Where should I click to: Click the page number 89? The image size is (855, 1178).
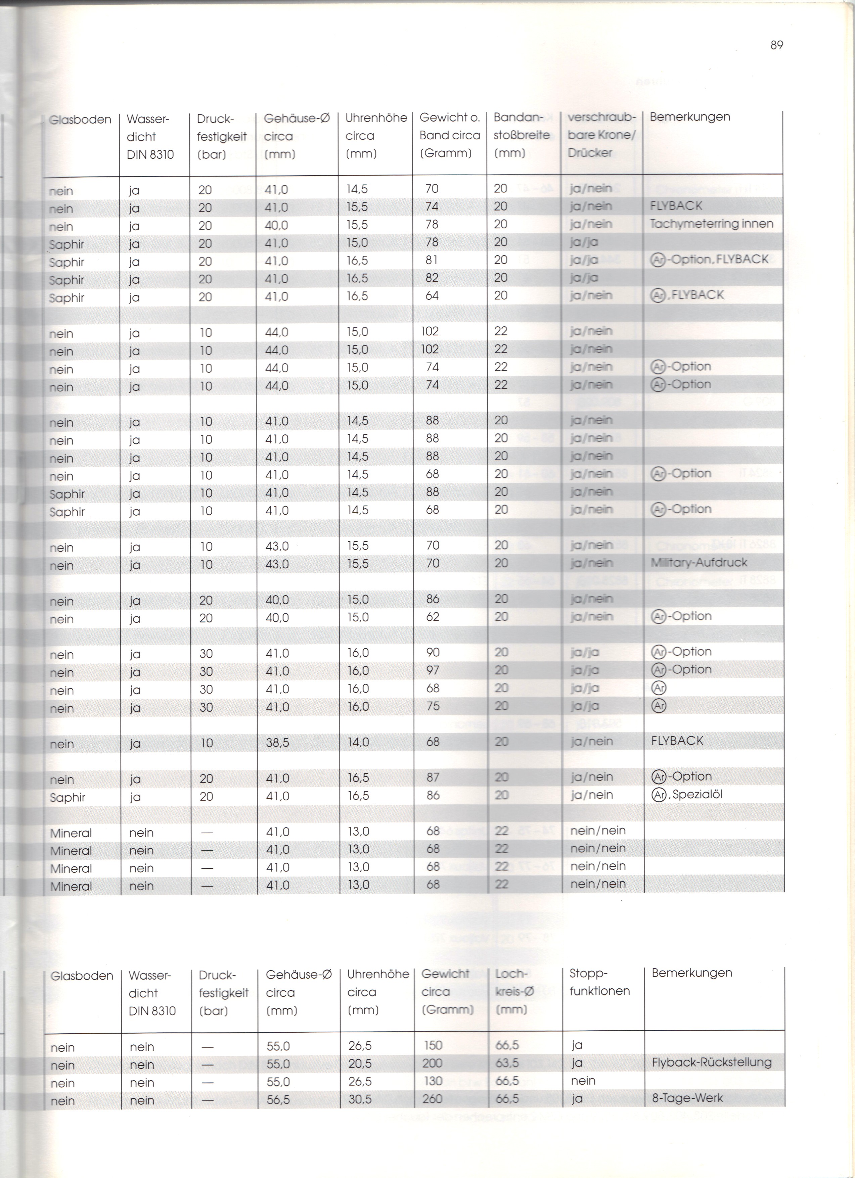click(776, 45)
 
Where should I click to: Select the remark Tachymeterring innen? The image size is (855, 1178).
click(711, 224)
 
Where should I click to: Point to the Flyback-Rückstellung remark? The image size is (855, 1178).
click(711, 1062)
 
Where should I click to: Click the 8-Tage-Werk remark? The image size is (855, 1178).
click(687, 1098)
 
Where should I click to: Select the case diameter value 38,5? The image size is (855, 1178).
click(277, 743)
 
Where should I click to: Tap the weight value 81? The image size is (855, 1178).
click(432, 260)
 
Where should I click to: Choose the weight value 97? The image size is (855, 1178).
click(433, 670)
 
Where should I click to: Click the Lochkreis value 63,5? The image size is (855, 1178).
click(507, 1063)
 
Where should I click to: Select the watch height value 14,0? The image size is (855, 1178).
click(358, 742)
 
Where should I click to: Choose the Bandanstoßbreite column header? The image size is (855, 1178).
click(522, 135)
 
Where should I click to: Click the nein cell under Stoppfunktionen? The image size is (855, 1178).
click(583, 1081)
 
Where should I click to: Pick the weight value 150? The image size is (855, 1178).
click(433, 1045)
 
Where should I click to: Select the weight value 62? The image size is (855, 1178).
click(433, 617)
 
